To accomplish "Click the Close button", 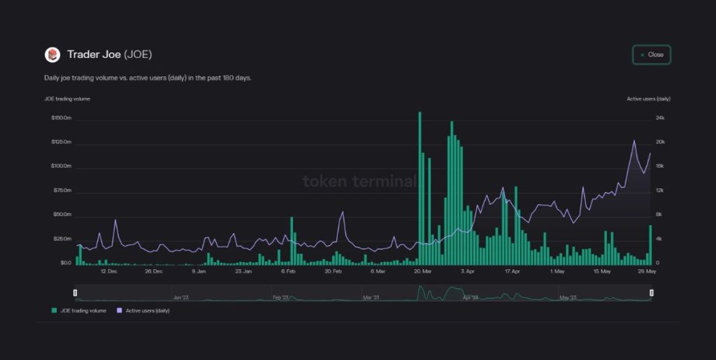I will click(652, 55).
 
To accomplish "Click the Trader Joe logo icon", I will click(52, 55).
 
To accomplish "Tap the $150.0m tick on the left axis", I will click(62, 118).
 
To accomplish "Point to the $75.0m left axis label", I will click(62, 191).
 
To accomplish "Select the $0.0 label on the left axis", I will click(65, 263).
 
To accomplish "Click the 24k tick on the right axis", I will click(660, 118).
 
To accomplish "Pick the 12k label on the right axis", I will click(660, 191).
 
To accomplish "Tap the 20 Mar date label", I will click(422, 271).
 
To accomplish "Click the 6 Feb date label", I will click(288, 271).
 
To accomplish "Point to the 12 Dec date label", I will click(108, 271).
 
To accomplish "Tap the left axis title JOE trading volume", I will click(66, 99).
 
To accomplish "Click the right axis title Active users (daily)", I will click(648, 99).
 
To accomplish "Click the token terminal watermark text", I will click(359, 182).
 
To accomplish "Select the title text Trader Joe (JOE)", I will click(109, 55).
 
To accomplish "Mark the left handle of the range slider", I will click(76, 292).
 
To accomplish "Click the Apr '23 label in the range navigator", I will click(471, 298).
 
